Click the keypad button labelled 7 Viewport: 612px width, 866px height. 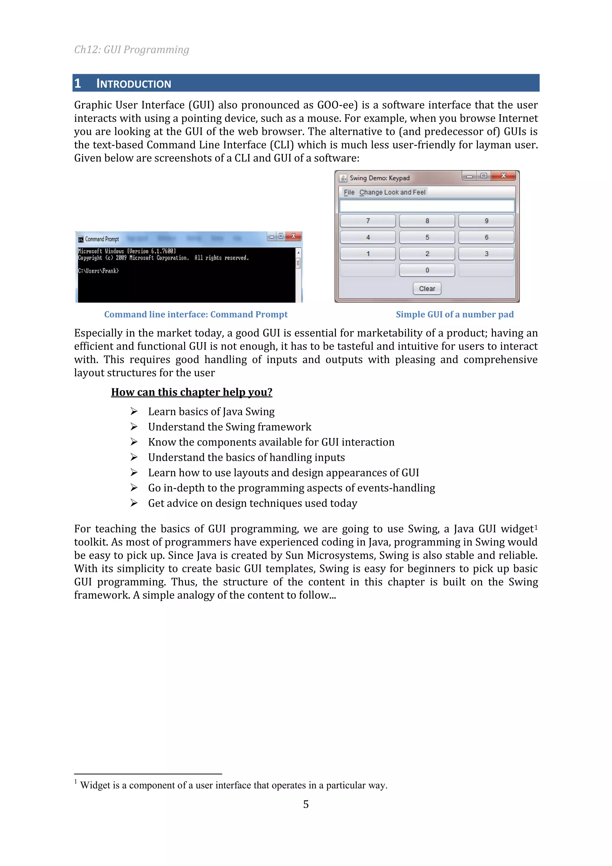click(x=368, y=221)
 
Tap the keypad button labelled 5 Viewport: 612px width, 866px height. click(x=427, y=237)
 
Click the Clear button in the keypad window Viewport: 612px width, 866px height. click(x=427, y=289)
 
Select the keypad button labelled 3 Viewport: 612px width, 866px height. click(x=486, y=254)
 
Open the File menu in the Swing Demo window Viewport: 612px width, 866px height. click(x=349, y=192)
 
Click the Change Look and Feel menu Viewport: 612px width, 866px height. click(x=392, y=192)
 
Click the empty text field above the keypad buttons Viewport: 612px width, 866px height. click(x=427, y=206)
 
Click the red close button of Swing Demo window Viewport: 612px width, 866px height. click(x=504, y=176)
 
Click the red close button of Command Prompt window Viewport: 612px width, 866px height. click(x=293, y=236)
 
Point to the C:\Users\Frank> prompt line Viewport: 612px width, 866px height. click(x=98, y=271)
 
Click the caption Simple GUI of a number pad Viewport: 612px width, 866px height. click(x=455, y=315)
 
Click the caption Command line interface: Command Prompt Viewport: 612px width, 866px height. click(x=196, y=315)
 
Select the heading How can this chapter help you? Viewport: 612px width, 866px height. click(x=192, y=392)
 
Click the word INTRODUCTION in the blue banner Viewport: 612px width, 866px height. click(x=134, y=84)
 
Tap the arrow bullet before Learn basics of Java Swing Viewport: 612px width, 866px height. click(x=134, y=411)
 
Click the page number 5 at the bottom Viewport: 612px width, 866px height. click(x=306, y=804)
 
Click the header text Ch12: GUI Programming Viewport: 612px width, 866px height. click(x=131, y=50)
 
